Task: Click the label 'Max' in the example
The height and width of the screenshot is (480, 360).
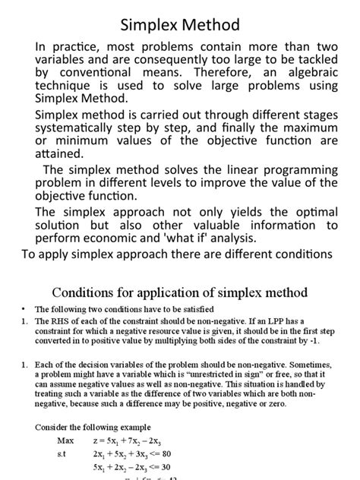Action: [x=67, y=440]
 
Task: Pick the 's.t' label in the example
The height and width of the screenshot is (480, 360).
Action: [x=64, y=453]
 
